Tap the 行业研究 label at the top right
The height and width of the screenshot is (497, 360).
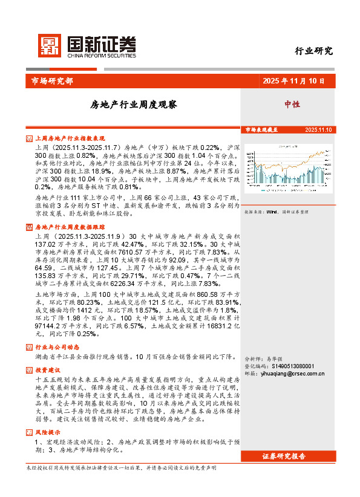pos(313,51)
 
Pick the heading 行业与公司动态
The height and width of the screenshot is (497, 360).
pos(57,347)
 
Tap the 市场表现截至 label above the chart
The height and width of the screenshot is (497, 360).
pos(261,130)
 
